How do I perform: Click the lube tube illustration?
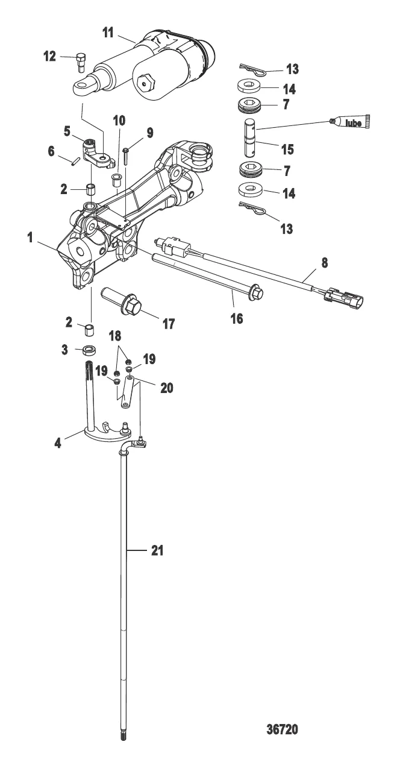(x=350, y=121)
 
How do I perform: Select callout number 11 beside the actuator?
(x=108, y=34)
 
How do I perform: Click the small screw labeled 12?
(x=81, y=62)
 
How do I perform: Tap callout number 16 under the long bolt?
(x=237, y=318)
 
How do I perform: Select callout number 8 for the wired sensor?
(x=324, y=263)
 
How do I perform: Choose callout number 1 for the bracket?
(x=30, y=238)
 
